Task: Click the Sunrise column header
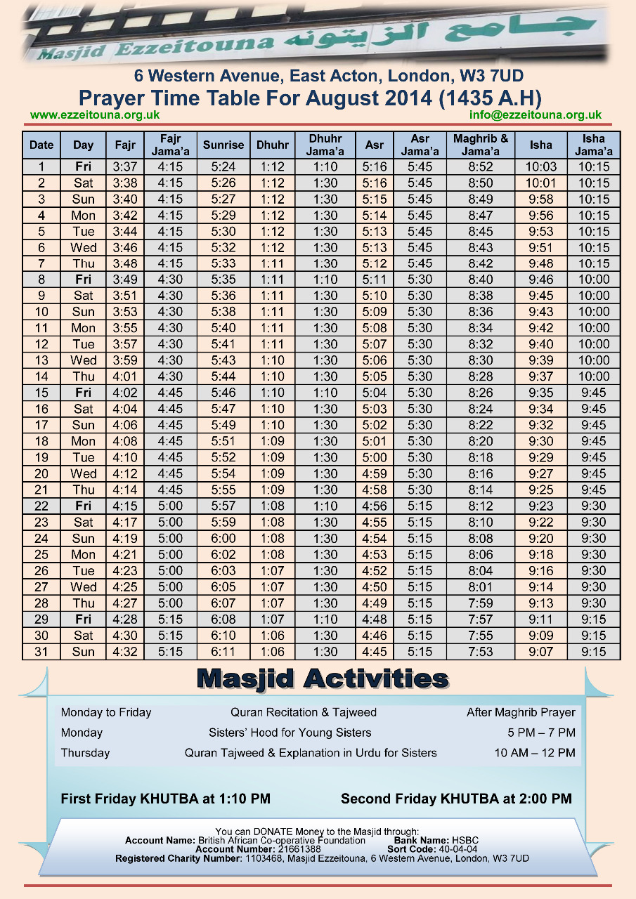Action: [x=223, y=145]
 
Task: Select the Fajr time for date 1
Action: [x=125, y=167]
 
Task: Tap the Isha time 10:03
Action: [x=541, y=167]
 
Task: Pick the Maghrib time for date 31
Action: [x=481, y=652]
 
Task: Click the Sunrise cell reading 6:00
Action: [x=223, y=539]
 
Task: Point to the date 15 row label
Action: [x=41, y=393]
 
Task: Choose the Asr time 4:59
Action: [x=375, y=473]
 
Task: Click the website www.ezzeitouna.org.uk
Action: [x=95, y=115]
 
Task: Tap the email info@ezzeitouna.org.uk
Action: [x=536, y=115]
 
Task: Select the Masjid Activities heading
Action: [x=323, y=679]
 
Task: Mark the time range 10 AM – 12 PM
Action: [x=535, y=753]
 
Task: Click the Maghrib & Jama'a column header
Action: [x=481, y=145]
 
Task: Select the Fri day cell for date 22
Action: [x=83, y=506]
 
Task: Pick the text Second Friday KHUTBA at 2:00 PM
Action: [x=456, y=799]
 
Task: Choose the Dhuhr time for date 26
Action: [x=273, y=571]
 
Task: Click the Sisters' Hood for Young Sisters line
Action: [x=290, y=733]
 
